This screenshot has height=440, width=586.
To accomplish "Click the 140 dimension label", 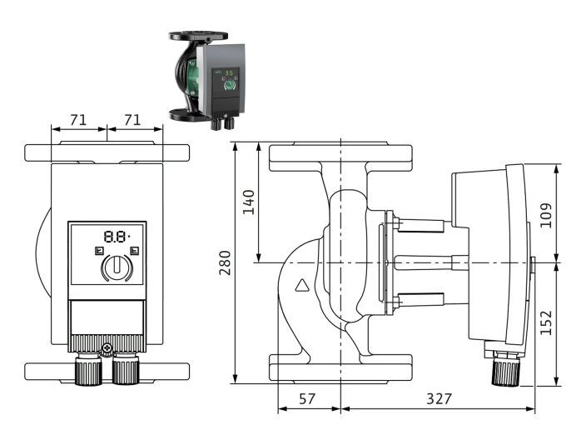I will (x=249, y=202).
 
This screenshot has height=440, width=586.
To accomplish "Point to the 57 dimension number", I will (x=307, y=399).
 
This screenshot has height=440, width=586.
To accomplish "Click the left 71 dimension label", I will (x=78, y=119).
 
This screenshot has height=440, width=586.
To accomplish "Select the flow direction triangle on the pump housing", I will (x=301, y=286).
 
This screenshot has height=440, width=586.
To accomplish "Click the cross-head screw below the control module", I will (x=106, y=348).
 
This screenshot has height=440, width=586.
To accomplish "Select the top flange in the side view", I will (x=341, y=157).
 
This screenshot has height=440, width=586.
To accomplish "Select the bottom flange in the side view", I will (x=341, y=367).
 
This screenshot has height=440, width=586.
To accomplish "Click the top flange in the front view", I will (x=107, y=153).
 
